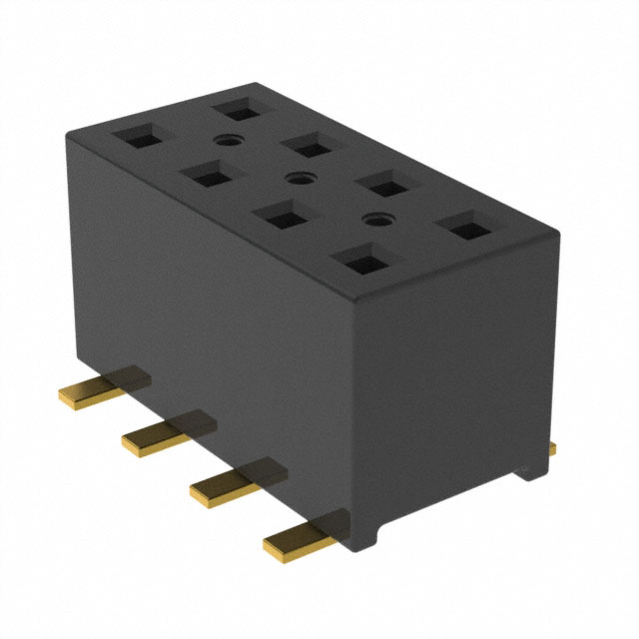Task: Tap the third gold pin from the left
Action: (226, 483)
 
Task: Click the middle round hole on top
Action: (295, 180)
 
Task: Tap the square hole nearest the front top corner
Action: (358, 261)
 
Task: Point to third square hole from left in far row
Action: (384, 184)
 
